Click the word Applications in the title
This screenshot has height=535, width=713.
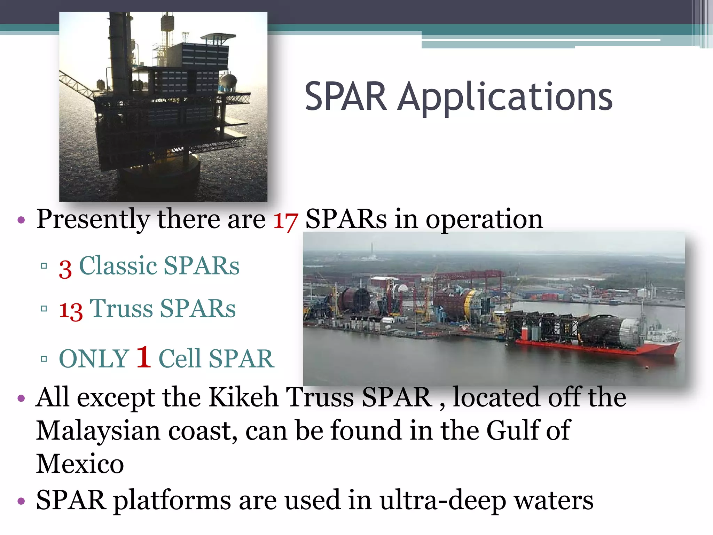(505, 98)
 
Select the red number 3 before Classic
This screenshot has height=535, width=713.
(65, 269)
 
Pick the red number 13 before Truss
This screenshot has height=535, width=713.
(71, 310)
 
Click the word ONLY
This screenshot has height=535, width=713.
(94, 359)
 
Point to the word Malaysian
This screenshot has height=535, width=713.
(98, 431)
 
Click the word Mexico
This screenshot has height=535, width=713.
(80, 464)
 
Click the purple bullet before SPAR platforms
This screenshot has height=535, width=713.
(21, 501)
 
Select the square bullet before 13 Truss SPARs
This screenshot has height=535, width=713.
(44, 309)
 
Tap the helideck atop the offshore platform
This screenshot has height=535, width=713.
(218, 36)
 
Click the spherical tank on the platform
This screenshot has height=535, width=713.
(228, 81)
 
